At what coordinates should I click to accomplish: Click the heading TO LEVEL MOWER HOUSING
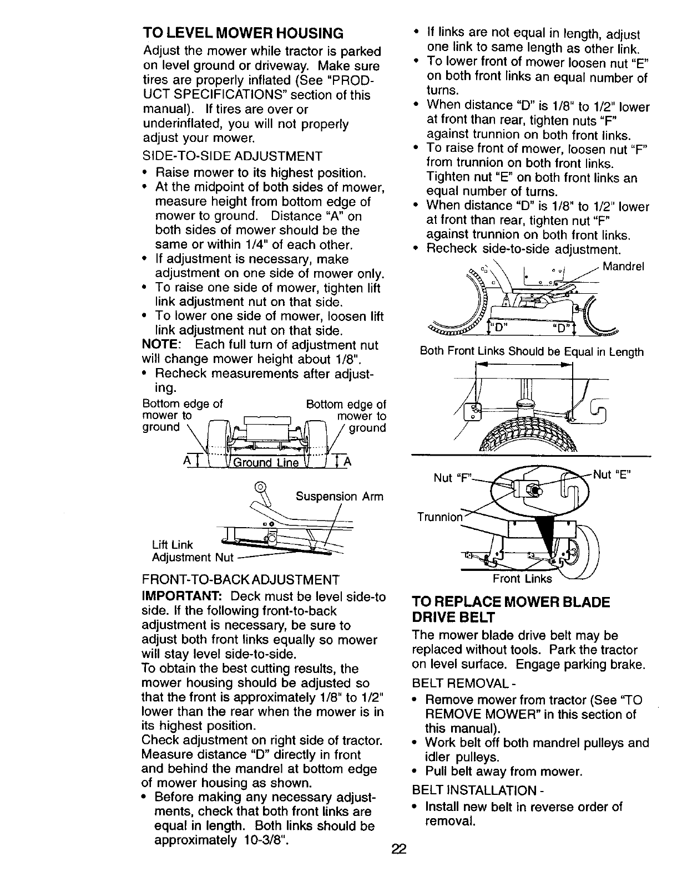click(243, 32)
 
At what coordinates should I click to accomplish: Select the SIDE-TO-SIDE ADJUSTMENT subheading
click(233, 156)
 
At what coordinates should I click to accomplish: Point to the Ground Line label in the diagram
click(265, 463)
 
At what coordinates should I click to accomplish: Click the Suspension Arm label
click(339, 497)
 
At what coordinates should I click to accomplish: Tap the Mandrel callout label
click(623, 266)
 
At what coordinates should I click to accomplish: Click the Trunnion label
click(439, 517)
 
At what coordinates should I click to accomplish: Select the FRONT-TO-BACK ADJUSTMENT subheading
click(241, 580)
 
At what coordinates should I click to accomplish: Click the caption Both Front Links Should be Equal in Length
click(532, 352)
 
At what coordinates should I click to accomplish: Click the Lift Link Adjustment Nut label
click(189, 552)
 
